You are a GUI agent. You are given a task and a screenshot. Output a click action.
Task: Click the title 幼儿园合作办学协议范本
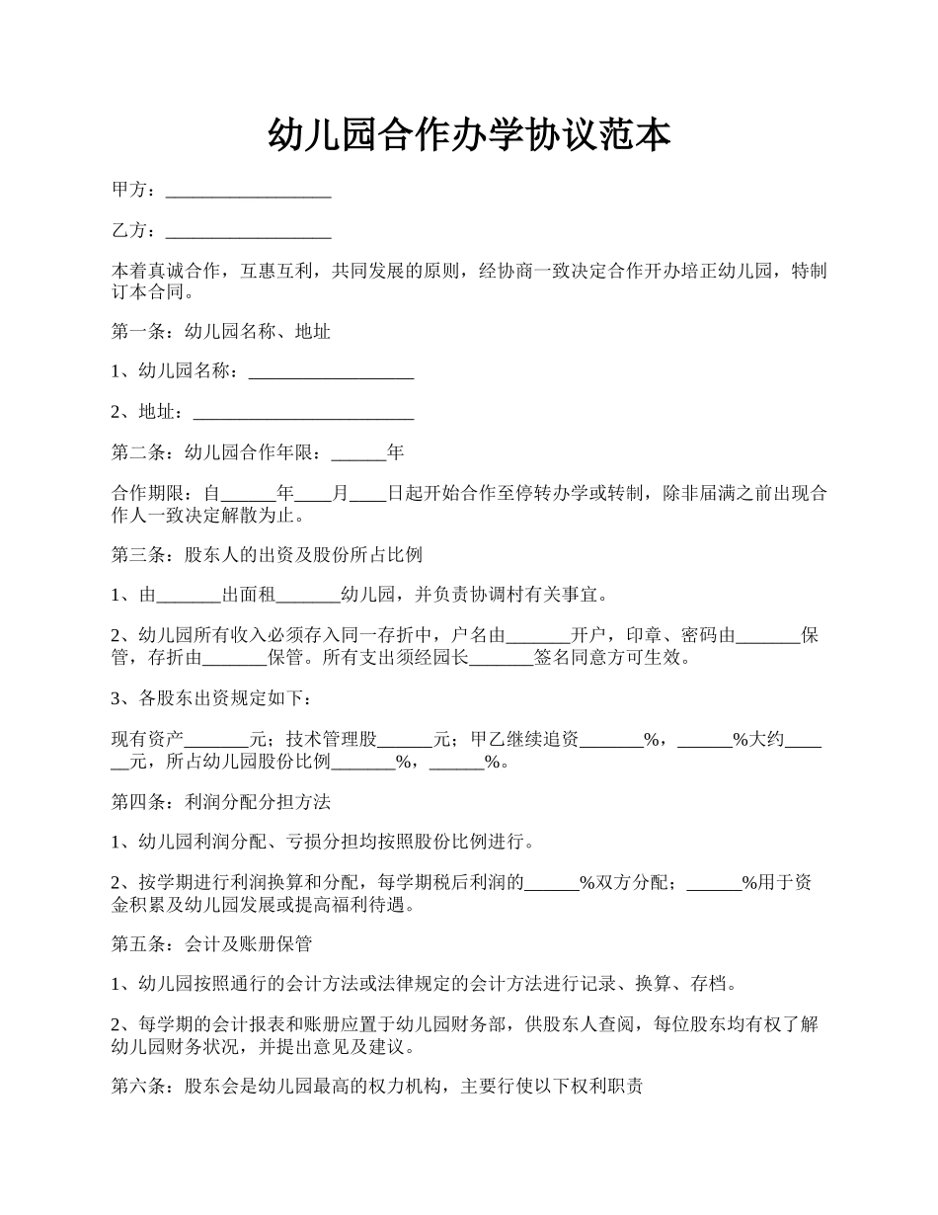(469, 135)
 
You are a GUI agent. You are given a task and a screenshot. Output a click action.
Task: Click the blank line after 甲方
(248, 191)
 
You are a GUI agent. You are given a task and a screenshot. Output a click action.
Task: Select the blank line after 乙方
(248, 232)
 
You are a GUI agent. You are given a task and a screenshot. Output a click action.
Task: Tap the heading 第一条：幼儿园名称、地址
(220, 332)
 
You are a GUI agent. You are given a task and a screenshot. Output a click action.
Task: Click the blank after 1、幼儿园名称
(330, 372)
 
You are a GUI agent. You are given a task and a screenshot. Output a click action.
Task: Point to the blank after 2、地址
(303, 413)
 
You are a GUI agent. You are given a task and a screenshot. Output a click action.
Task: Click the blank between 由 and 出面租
(189, 596)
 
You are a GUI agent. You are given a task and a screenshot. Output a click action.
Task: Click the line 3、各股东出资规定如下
(212, 699)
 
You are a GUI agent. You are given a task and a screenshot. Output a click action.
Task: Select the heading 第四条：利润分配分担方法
(220, 803)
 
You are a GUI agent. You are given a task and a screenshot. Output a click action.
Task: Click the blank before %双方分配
(551, 884)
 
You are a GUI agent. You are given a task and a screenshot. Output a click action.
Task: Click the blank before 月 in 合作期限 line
(313, 494)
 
